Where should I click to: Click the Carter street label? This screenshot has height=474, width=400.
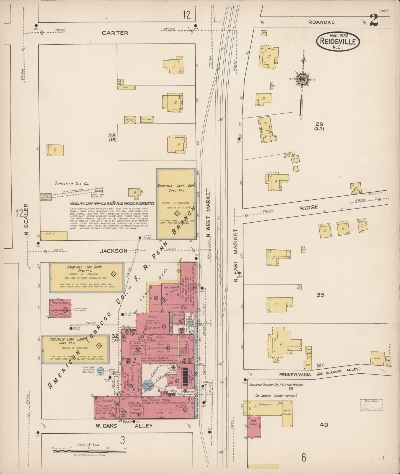point(115,33)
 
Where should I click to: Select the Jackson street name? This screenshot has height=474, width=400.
point(113,251)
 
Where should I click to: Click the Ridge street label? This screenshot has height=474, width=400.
point(309,207)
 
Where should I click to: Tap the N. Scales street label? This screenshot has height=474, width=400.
point(26,221)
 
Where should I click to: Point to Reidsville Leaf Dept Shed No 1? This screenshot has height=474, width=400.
point(176,204)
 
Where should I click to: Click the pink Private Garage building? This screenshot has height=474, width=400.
point(60,308)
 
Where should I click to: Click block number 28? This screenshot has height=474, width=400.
point(112,135)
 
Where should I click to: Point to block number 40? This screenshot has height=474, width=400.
point(324,424)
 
